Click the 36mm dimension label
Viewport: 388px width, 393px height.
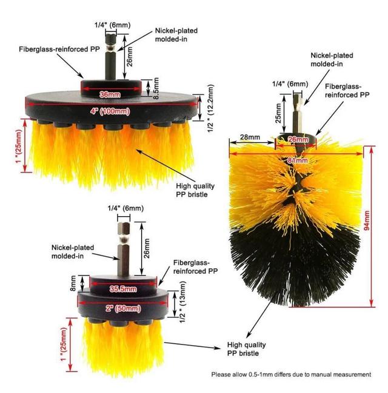[x=110, y=94]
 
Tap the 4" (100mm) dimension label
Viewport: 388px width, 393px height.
[x=110, y=111]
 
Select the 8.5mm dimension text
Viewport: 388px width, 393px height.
[x=156, y=88]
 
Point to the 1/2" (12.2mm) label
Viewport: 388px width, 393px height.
[x=210, y=108]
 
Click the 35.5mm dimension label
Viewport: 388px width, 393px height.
[x=123, y=289]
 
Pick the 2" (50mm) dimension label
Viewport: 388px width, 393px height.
[x=123, y=308]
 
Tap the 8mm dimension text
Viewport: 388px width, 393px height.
[x=73, y=283]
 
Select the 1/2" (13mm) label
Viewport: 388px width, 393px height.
[x=182, y=302]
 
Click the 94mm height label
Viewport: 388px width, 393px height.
[x=367, y=221]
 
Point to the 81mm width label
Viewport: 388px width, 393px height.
[x=298, y=160]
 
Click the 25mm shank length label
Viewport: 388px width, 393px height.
[x=279, y=113]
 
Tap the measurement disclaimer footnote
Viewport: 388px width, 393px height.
[x=291, y=374]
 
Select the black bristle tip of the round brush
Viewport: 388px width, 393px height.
[x=295, y=266]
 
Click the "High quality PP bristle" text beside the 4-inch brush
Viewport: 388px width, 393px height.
[x=195, y=190]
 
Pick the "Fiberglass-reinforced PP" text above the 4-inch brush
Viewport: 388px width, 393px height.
[x=59, y=49]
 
